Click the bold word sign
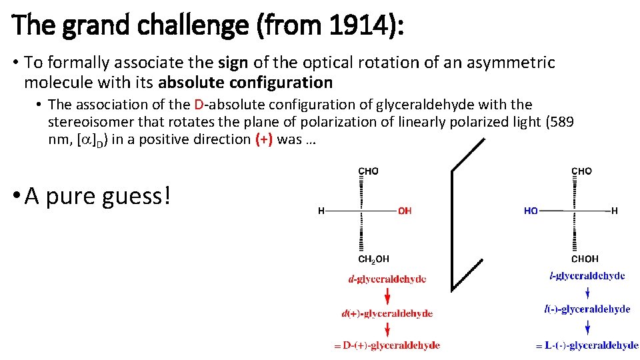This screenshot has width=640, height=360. click(x=233, y=63)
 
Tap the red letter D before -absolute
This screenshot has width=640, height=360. click(x=199, y=105)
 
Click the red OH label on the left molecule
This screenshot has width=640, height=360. click(x=405, y=211)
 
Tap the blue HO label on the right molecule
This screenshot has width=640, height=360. click(x=531, y=211)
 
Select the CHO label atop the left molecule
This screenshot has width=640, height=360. click(x=369, y=171)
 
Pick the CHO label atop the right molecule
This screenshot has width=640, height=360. click(x=581, y=171)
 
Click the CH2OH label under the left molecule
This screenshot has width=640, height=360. click(x=374, y=259)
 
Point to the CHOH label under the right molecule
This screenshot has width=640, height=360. click(x=585, y=259)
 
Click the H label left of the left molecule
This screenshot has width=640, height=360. click(x=321, y=211)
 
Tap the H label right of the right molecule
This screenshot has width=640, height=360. click(x=614, y=211)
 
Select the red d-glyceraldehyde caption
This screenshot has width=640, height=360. click(x=387, y=279)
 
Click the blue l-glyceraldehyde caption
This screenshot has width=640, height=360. click(x=587, y=275)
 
